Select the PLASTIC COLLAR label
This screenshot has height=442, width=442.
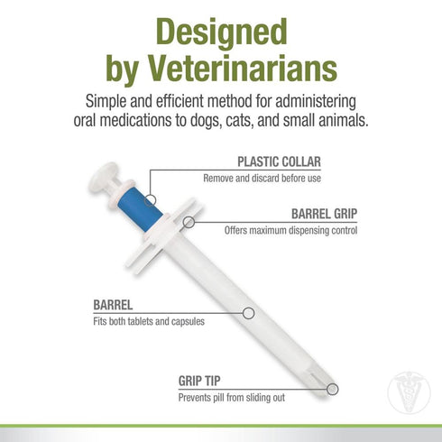coord(279,162)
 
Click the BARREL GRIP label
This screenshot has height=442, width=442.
coord(322,215)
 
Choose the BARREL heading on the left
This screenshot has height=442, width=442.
coord(114,305)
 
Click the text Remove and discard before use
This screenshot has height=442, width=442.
coord(273,178)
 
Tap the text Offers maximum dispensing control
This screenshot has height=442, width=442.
coord(290,230)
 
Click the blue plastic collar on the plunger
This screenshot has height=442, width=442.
coord(142,205)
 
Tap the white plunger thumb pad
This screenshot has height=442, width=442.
coord(104,177)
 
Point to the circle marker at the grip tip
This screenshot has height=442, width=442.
coord(333,390)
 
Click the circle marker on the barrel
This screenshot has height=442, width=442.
coord(249,313)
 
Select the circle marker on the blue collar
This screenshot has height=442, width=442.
coord(151,198)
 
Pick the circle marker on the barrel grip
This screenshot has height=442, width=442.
coord(189,221)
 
